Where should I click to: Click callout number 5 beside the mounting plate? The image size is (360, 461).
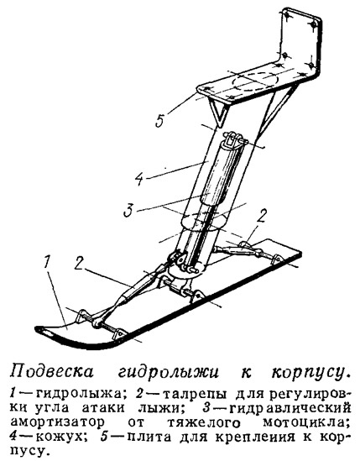tap(159, 119)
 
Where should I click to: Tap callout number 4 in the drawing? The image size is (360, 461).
tap(139, 179)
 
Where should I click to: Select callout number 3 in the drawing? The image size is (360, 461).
tap(128, 210)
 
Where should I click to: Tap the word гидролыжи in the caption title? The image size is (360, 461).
tap(168, 373)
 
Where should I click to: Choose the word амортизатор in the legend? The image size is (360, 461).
tap(57, 422)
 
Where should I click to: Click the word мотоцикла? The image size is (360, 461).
tap(306, 423)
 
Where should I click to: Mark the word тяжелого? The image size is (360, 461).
tap(204, 423)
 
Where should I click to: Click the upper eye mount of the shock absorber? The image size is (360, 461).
tap(232, 139)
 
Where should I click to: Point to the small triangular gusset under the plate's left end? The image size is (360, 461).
tap(219, 111)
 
